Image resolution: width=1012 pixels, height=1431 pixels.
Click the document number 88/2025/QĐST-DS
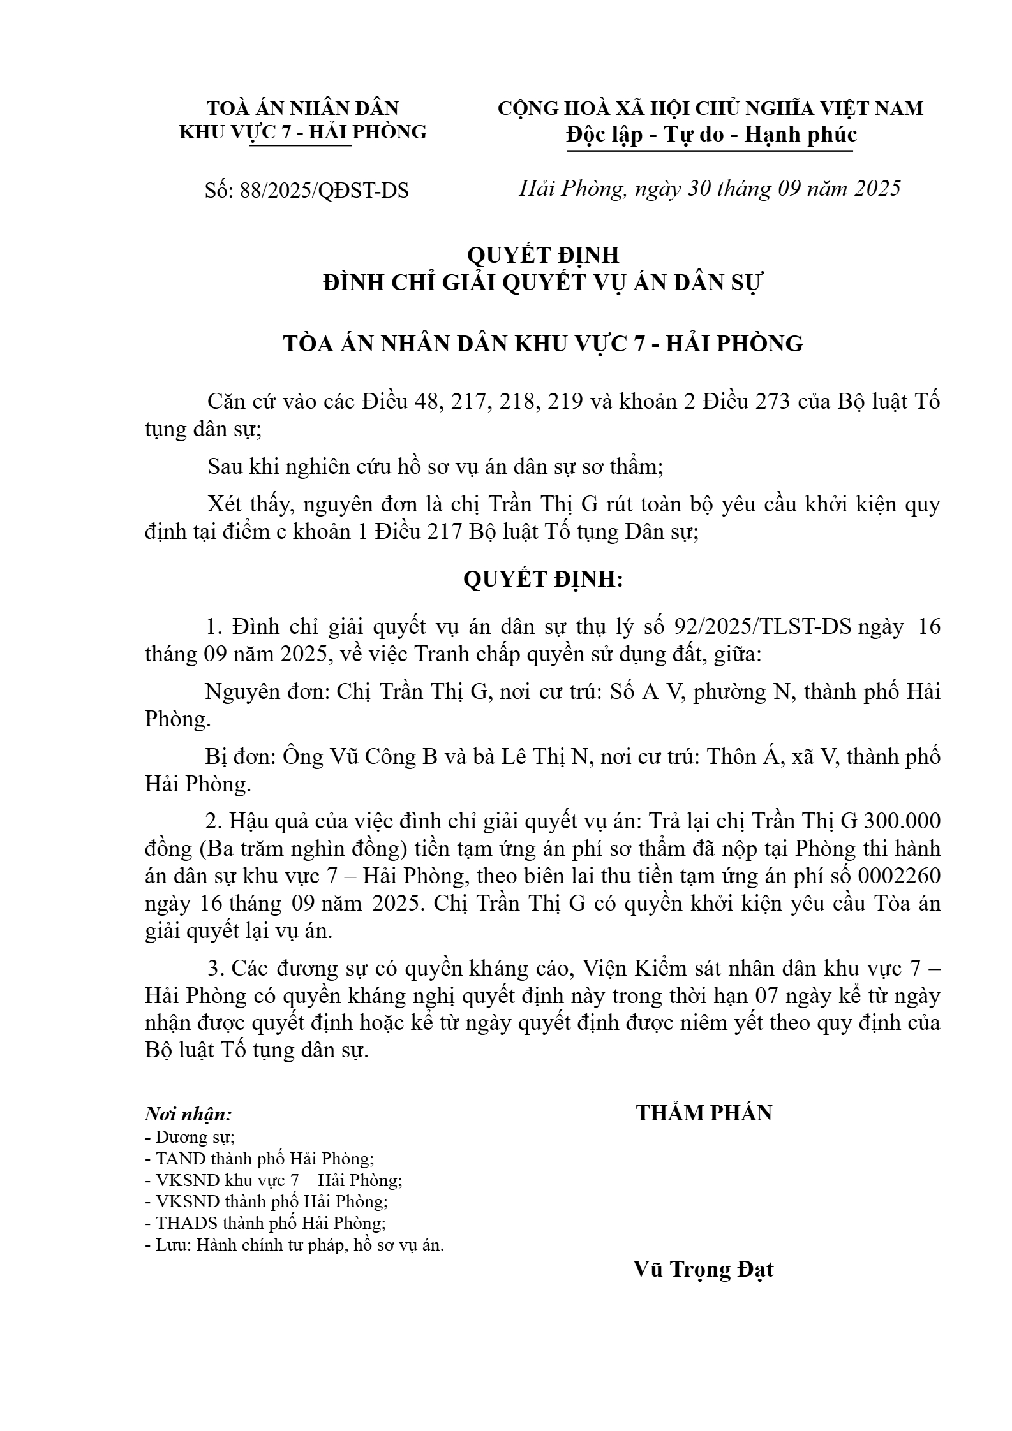pos(324,191)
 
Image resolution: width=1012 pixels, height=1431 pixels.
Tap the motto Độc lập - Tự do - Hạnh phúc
pos(711,135)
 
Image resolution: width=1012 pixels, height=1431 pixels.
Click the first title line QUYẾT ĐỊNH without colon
pos(543,255)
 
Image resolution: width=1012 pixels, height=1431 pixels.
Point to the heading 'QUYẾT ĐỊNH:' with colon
pos(543,580)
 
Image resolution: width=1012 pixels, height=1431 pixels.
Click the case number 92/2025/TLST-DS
pos(763,627)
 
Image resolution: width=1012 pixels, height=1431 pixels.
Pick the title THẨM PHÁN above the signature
pos(704,1113)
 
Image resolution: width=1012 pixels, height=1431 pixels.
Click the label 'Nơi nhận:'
pos(188,1114)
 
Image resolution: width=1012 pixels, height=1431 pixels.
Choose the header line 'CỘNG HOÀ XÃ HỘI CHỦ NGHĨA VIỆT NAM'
pos(710,108)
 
